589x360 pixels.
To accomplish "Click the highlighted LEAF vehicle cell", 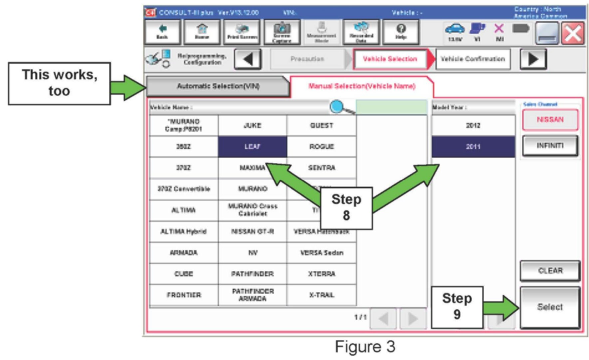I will tap(252, 146).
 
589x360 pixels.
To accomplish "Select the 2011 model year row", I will tap(473, 146).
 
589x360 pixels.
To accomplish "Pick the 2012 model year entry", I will tap(473, 125).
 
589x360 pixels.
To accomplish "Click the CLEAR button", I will tap(550, 271).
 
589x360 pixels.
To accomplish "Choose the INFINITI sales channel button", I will tap(550, 146).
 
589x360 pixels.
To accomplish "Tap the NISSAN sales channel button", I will tap(550, 120).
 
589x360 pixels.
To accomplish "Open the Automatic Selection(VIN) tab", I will tap(218, 86).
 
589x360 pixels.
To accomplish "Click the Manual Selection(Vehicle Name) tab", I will tap(362, 86).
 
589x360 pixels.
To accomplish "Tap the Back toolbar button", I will tap(162, 32).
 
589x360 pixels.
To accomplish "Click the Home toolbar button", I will tap(202, 32).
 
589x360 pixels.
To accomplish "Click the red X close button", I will tap(573, 33).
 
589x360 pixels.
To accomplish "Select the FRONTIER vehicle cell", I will tap(184, 295).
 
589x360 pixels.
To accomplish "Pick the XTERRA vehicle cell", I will tap(321, 274).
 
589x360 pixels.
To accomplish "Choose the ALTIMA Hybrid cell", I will tap(184, 231).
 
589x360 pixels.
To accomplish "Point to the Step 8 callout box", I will tap(346, 208).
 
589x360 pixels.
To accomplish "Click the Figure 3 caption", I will tap(365, 347).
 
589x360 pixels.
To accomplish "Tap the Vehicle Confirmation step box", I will tap(473, 59).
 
